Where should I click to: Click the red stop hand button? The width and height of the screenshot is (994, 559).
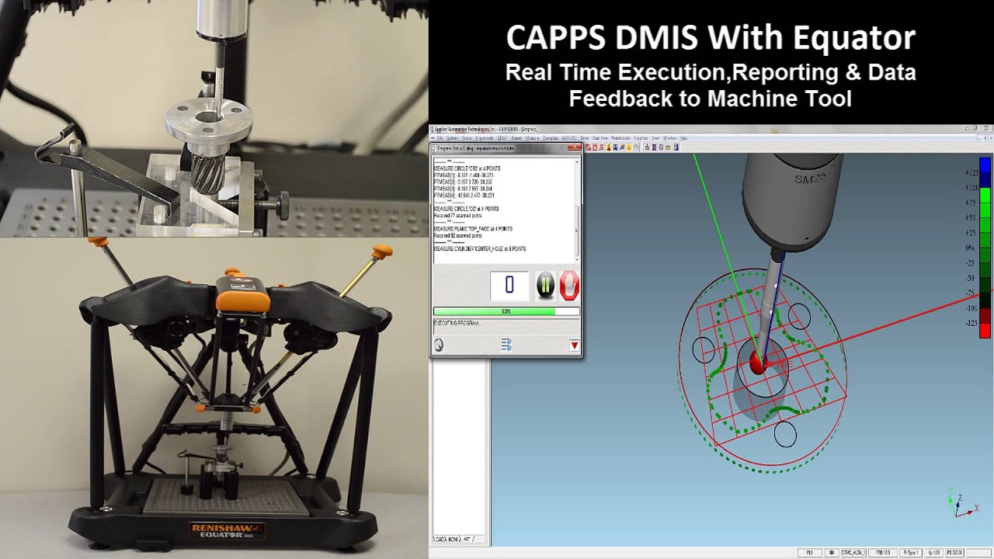pyautogui.click(x=569, y=286)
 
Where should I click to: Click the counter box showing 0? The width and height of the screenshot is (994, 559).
pyautogui.click(x=509, y=286)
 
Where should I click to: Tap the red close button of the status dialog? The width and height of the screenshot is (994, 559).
pyautogui.click(x=574, y=148)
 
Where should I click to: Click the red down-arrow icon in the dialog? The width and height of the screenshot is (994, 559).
pyautogui.click(x=575, y=345)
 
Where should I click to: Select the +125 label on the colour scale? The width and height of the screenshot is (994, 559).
pyautogui.click(x=971, y=173)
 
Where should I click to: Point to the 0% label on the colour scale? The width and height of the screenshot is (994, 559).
pyautogui.click(x=971, y=248)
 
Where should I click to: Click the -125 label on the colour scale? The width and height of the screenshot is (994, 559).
pyautogui.click(x=971, y=323)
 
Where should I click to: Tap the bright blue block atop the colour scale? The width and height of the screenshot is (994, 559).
pyautogui.click(x=985, y=166)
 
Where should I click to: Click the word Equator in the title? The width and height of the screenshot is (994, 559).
pyautogui.click(x=861, y=39)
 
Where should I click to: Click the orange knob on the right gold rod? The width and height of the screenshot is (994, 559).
pyautogui.click(x=382, y=253)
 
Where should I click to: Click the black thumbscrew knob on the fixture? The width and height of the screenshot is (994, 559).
pyautogui.click(x=283, y=207)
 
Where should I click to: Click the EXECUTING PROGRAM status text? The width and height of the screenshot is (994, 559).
pyautogui.click(x=457, y=322)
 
